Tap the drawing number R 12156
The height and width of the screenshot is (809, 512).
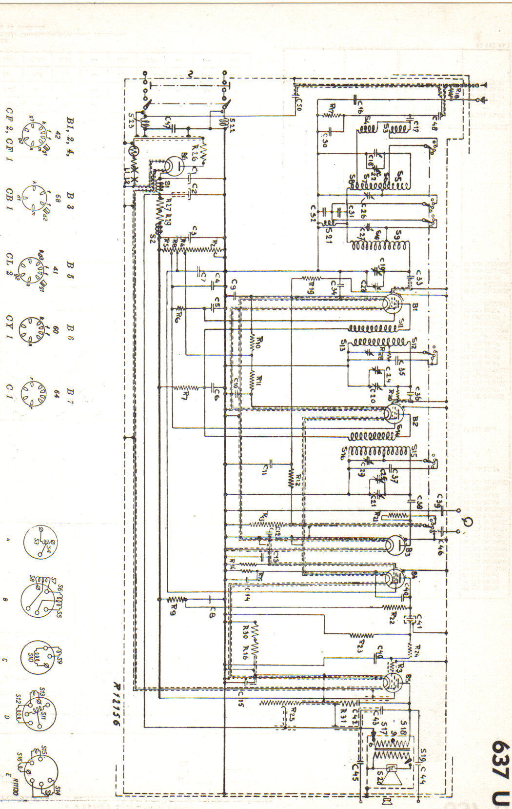coord(116,705)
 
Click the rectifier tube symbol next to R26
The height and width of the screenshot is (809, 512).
coord(170,166)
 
